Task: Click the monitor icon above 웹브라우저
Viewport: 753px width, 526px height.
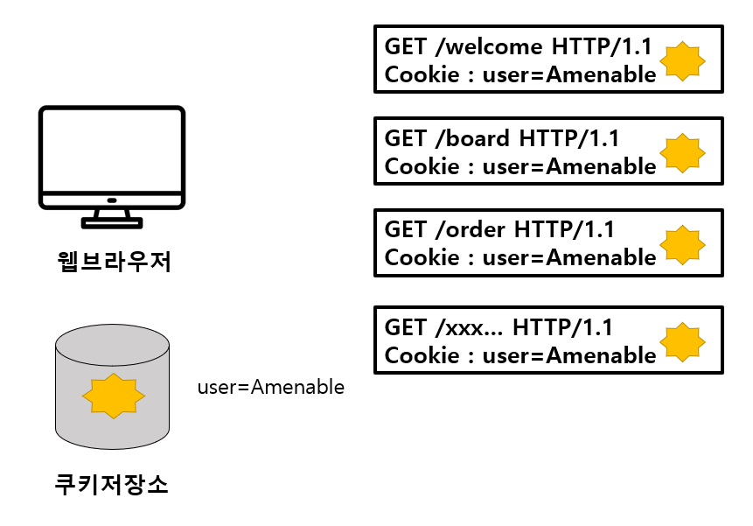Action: click(112, 158)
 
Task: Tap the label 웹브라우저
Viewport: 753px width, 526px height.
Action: click(111, 260)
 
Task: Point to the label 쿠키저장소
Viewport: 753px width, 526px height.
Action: click(111, 483)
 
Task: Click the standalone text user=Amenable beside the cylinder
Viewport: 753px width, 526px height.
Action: click(270, 386)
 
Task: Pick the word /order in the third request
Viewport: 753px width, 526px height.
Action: click(470, 229)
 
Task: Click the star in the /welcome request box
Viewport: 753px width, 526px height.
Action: click(682, 60)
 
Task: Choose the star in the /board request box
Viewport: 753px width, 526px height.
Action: click(682, 151)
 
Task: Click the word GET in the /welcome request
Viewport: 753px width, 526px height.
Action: click(406, 46)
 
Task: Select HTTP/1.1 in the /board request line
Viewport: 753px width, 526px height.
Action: click(569, 137)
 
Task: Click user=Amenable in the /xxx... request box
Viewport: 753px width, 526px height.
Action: click(568, 356)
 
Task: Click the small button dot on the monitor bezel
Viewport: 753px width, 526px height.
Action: click(111, 200)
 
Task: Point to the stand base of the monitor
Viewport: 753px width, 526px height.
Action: click(111, 223)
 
